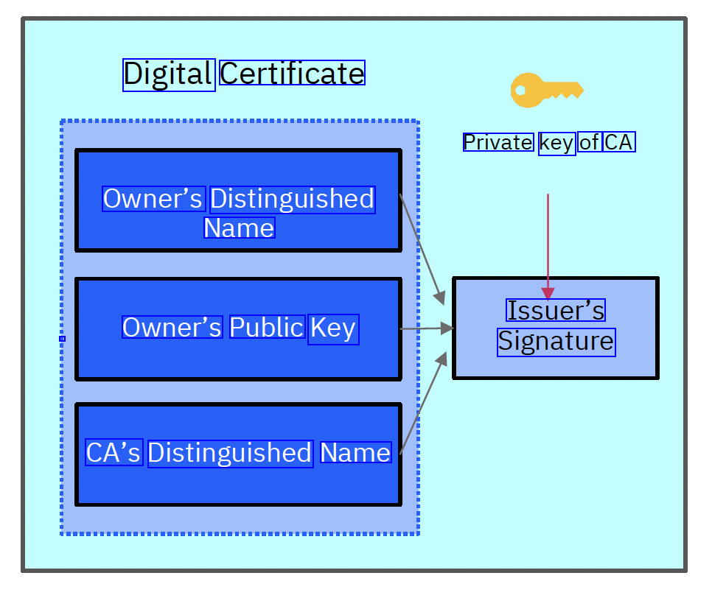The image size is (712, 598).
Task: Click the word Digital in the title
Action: click(169, 74)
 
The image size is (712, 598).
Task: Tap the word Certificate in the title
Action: click(292, 74)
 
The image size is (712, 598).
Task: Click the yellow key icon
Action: click(545, 91)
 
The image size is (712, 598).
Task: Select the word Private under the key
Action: click(498, 142)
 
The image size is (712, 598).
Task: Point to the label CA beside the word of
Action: click(618, 142)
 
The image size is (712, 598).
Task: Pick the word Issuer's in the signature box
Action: click(556, 311)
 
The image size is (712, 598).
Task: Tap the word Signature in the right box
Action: click(556, 341)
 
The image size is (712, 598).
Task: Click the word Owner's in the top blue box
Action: click(153, 199)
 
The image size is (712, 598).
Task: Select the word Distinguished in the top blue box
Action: click(293, 199)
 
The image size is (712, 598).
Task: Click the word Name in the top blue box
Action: click(239, 228)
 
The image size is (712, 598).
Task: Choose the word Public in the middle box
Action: click(267, 328)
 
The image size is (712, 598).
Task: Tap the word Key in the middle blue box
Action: click(333, 328)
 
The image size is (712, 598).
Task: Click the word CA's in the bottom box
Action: click(114, 453)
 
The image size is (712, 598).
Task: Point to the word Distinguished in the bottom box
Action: click(230, 453)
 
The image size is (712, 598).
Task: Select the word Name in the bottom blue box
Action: click(355, 453)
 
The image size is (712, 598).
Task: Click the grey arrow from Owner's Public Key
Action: click(426, 329)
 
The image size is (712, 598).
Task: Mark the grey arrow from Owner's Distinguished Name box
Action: click(422, 249)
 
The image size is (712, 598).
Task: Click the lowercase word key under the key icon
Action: click(556, 142)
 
